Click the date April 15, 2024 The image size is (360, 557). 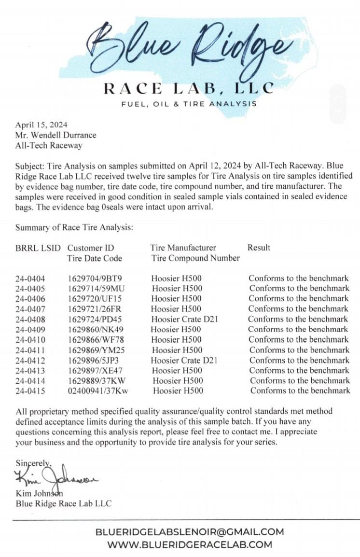41,124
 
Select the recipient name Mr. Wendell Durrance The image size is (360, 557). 55,135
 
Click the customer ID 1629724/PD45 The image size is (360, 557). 95,319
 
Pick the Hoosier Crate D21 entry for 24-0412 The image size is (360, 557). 183,360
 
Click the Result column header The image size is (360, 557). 259,248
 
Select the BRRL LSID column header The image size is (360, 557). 38,248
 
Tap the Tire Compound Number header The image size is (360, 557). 195,258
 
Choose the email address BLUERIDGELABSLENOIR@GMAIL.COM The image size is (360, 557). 190,532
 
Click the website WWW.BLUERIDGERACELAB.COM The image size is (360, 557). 190,544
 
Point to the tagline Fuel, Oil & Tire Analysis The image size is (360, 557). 189,103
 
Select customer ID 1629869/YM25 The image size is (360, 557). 95,350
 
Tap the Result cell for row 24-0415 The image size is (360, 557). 300,390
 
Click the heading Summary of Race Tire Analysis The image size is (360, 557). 74,227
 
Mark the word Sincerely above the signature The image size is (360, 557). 33,462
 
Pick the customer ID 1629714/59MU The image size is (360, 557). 96,289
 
